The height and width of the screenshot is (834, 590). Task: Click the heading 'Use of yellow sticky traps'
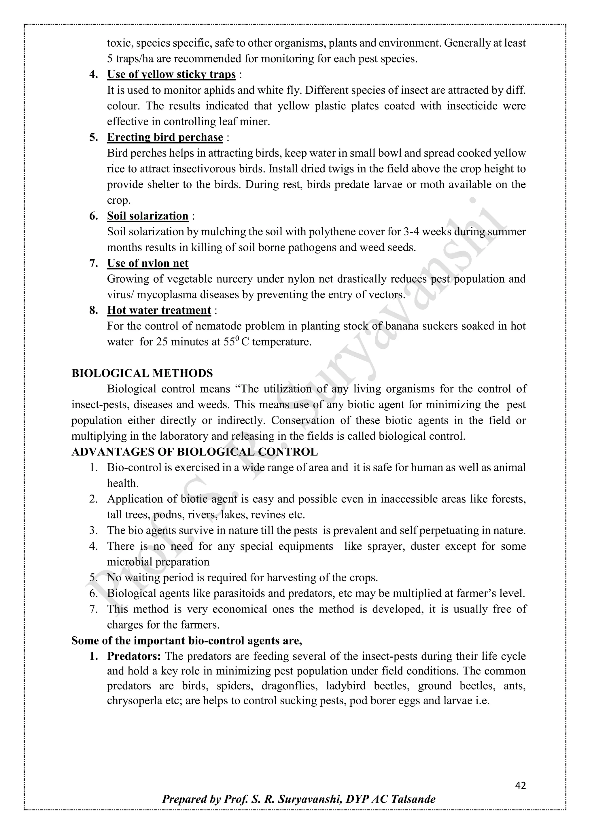pos(171,74)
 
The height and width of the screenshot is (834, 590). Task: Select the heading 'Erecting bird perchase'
pos(165,137)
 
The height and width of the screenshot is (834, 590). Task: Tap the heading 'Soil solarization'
pos(147,216)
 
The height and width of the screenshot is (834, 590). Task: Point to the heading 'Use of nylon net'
pos(147,263)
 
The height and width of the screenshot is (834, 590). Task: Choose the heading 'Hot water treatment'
pos(159,311)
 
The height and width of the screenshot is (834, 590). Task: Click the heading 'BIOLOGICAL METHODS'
pos(142,373)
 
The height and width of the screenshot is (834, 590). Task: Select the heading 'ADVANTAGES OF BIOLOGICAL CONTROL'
pos(194,452)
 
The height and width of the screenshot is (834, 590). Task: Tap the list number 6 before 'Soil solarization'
pos(93,216)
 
